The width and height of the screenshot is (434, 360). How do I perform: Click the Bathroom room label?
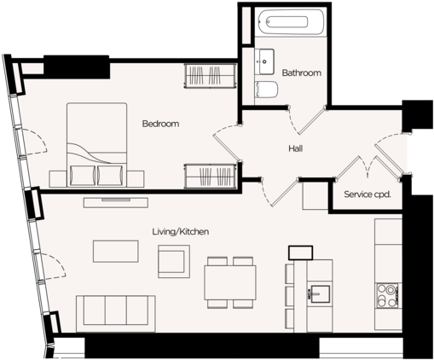pos(302,73)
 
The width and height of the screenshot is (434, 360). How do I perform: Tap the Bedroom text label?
pos(160,124)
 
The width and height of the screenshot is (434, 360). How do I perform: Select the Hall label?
pos(295,148)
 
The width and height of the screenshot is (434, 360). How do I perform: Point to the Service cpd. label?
pos(367,195)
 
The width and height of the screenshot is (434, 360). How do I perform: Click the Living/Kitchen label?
pos(181,231)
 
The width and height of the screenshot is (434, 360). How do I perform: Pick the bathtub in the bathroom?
pos(290,22)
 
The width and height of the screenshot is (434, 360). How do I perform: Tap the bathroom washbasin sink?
pos(264,61)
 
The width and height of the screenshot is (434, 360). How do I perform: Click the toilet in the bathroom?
pos(266,90)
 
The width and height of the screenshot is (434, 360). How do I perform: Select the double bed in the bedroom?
pos(97,145)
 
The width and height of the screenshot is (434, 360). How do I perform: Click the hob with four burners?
pos(388,295)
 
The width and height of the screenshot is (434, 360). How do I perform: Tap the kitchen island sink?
pos(320,293)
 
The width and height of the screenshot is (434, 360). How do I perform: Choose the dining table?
pos(230,282)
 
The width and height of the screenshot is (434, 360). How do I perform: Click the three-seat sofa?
pos(116,314)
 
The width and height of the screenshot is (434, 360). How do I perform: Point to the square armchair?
pos(174,261)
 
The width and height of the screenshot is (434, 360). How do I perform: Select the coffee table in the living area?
pos(116,251)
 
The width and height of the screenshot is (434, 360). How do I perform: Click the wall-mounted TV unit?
pos(116,202)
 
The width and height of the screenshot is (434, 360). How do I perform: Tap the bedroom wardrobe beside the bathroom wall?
pos(211,75)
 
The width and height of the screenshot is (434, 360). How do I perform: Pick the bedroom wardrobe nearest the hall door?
pos(211,176)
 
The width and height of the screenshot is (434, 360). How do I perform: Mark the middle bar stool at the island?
pos(290,296)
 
